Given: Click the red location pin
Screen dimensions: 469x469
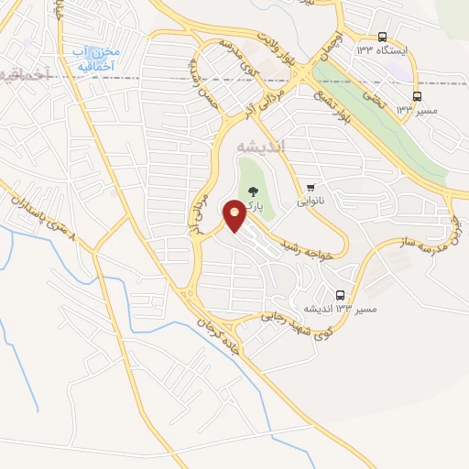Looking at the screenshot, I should [x=234, y=217].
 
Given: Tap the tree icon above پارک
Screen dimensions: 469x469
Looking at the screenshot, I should [x=254, y=191].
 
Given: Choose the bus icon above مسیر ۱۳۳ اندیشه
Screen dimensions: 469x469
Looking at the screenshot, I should [x=341, y=295].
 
